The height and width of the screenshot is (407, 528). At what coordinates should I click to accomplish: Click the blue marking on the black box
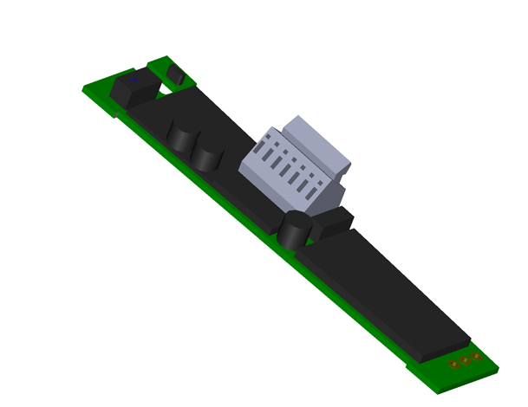coord(133,80)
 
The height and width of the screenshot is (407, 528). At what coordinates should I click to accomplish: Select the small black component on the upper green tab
coord(176,74)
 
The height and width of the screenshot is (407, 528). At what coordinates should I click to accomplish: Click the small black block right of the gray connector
coord(331,223)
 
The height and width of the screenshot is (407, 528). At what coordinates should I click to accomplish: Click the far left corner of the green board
coord(85,88)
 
